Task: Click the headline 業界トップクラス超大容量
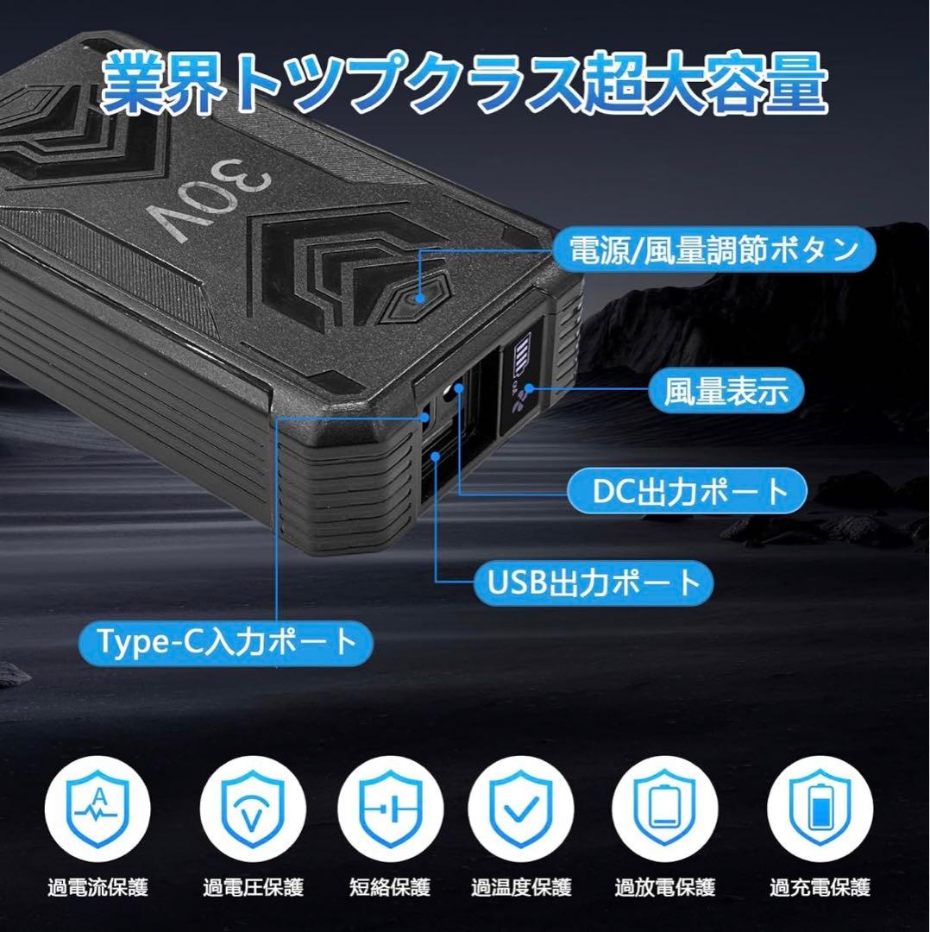pyautogui.click(x=464, y=84)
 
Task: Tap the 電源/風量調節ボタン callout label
pyautogui.click(x=713, y=251)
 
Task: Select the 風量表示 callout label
pyautogui.click(x=726, y=391)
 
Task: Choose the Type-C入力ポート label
pyautogui.click(x=228, y=641)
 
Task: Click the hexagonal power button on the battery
pyautogui.click(x=420, y=298)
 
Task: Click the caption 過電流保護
pyautogui.click(x=97, y=886)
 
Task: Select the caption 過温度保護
pyautogui.click(x=520, y=886)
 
